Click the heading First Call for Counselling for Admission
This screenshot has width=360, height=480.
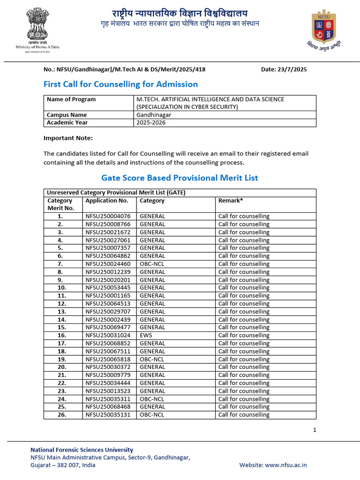(120, 84)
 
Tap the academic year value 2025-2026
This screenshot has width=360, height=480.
(151, 123)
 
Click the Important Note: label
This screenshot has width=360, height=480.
(68, 138)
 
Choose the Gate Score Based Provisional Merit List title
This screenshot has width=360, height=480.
(180, 178)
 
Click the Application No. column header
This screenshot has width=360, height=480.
(107, 201)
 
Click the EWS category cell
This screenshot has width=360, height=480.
(146, 335)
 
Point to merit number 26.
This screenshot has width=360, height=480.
(62, 414)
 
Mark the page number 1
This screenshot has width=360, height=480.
(315, 430)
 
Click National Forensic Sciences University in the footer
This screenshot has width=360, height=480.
(82, 450)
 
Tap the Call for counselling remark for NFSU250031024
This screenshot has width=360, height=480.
(244, 335)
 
